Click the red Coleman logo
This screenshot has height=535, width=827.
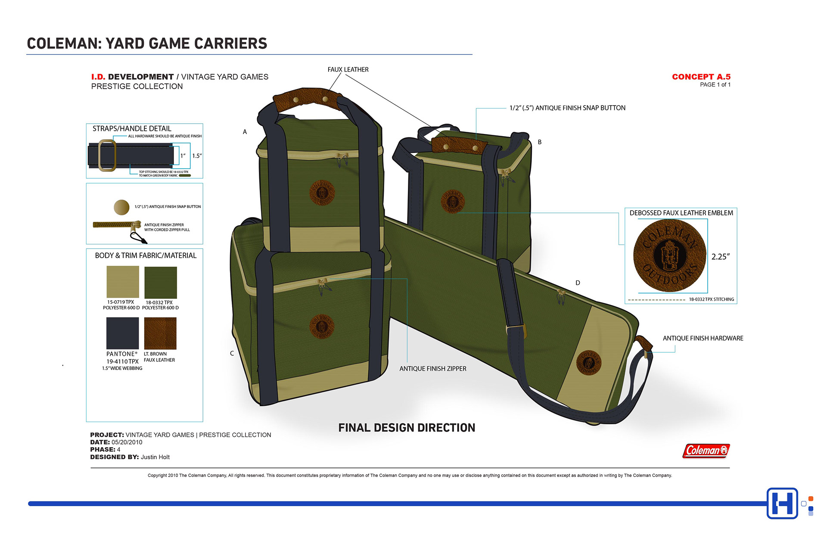(x=706, y=451)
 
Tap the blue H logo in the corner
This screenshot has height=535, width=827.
(x=782, y=503)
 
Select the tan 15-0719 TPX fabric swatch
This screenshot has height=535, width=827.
(x=123, y=282)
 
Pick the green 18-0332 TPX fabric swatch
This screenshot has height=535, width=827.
(x=160, y=282)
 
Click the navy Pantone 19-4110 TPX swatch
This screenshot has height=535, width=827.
(x=123, y=333)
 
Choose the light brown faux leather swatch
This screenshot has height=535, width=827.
(x=160, y=333)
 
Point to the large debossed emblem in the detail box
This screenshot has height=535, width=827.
(x=669, y=256)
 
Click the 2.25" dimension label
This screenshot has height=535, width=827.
(x=720, y=257)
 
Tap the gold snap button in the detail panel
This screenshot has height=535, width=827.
(x=121, y=207)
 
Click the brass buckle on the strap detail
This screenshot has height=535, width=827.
(x=107, y=155)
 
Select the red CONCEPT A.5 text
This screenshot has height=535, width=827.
(x=701, y=77)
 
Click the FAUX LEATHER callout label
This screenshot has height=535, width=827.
(x=348, y=70)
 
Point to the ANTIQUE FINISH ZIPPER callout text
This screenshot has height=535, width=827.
(x=432, y=369)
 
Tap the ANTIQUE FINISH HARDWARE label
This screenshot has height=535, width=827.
(x=703, y=339)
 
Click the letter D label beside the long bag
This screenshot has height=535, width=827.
(x=578, y=283)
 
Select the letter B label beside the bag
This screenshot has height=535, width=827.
(x=539, y=142)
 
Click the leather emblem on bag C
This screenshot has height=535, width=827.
(x=322, y=326)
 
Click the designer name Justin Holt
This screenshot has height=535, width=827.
(x=155, y=457)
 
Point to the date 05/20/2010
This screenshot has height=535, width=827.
(x=127, y=442)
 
